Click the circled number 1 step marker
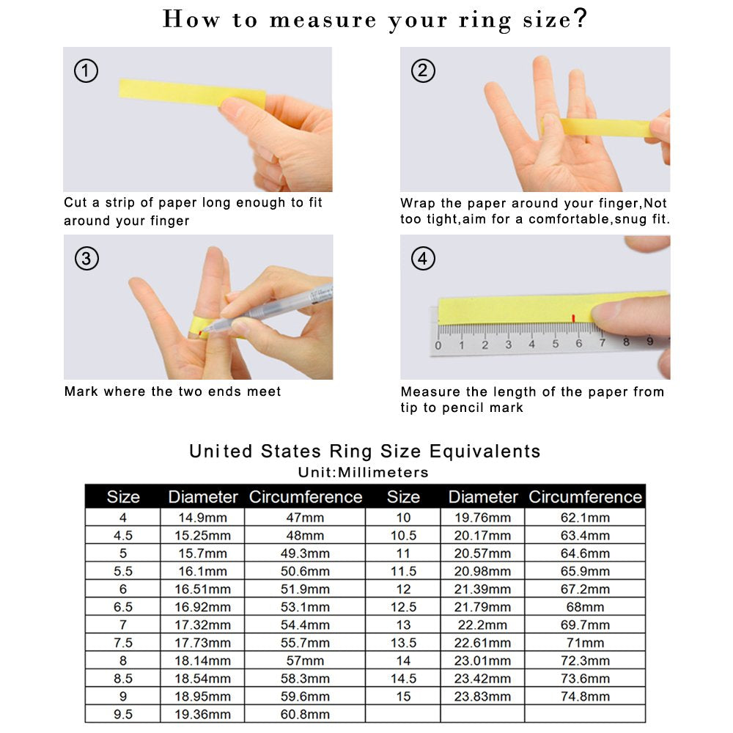click(86, 71)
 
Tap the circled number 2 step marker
click(423, 71)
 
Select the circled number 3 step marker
click(86, 259)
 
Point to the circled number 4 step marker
click(423, 259)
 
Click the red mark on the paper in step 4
click(574, 317)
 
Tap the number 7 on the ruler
click(603, 343)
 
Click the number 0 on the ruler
click(438, 345)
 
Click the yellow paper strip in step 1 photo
click(191, 93)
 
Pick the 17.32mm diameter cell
click(202, 625)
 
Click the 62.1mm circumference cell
click(585, 517)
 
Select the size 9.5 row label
click(122, 714)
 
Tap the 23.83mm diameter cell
click(482, 696)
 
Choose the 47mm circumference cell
click(305, 517)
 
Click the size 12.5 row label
click(403, 607)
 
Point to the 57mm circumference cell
click(305, 660)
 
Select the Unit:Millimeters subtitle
click(364, 472)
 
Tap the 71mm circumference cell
click(585, 643)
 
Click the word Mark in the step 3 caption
click(81, 391)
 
